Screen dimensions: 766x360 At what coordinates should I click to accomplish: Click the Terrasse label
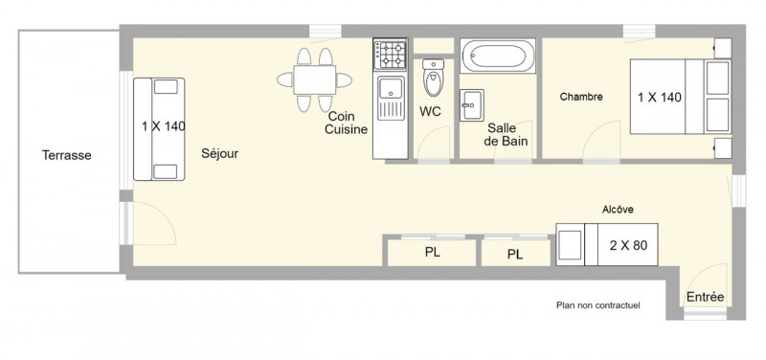click(66, 155)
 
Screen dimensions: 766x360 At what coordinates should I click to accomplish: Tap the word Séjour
click(220, 153)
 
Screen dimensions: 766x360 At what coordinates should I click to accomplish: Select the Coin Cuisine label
click(346, 124)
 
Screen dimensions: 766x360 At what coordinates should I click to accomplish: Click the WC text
click(430, 112)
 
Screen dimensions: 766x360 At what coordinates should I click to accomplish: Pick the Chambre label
click(581, 97)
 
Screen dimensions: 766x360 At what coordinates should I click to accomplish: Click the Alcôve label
click(618, 210)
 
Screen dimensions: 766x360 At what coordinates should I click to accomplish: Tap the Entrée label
click(705, 297)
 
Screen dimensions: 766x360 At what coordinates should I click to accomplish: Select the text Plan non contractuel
click(597, 305)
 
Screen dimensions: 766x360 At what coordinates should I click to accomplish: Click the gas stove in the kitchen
click(391, 55)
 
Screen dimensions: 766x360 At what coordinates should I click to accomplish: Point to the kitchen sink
click(391, 98)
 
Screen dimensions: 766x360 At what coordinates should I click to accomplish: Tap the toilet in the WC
click(434, 78)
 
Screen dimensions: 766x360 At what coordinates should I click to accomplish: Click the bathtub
click(498, 56)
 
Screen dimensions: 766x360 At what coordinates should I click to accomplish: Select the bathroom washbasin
click(472, 104)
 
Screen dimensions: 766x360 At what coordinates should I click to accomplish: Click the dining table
click(315, 80)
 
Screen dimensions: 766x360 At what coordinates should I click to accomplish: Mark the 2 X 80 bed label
click(628, 245)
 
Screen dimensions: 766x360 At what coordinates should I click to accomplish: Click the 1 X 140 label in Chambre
click(660, 98)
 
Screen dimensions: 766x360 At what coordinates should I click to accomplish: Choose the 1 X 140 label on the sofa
click(164, 126)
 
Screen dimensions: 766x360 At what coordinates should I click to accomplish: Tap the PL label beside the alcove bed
click(515, 255)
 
